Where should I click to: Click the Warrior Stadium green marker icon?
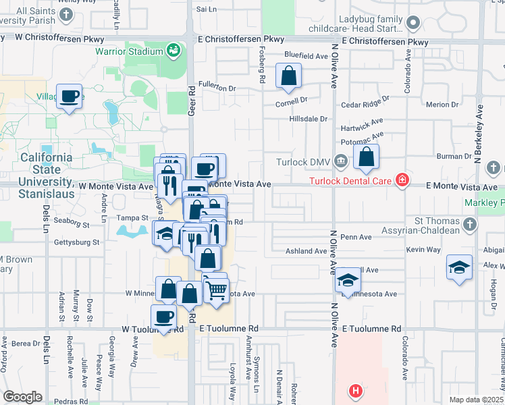coord(174,51)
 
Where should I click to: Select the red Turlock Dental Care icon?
coord(402,180)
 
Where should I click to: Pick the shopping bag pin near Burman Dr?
coord(366,157)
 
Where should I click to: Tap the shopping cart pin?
coord(216,291)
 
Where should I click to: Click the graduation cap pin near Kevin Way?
coord(459,267)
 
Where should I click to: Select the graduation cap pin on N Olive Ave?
coord(348,279)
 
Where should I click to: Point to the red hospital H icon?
coord(356,391)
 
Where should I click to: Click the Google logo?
coord(22,397)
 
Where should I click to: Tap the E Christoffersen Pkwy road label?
coord(385,42)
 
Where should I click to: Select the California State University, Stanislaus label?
coord(46,169)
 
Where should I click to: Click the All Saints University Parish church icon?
coord(66,14)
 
